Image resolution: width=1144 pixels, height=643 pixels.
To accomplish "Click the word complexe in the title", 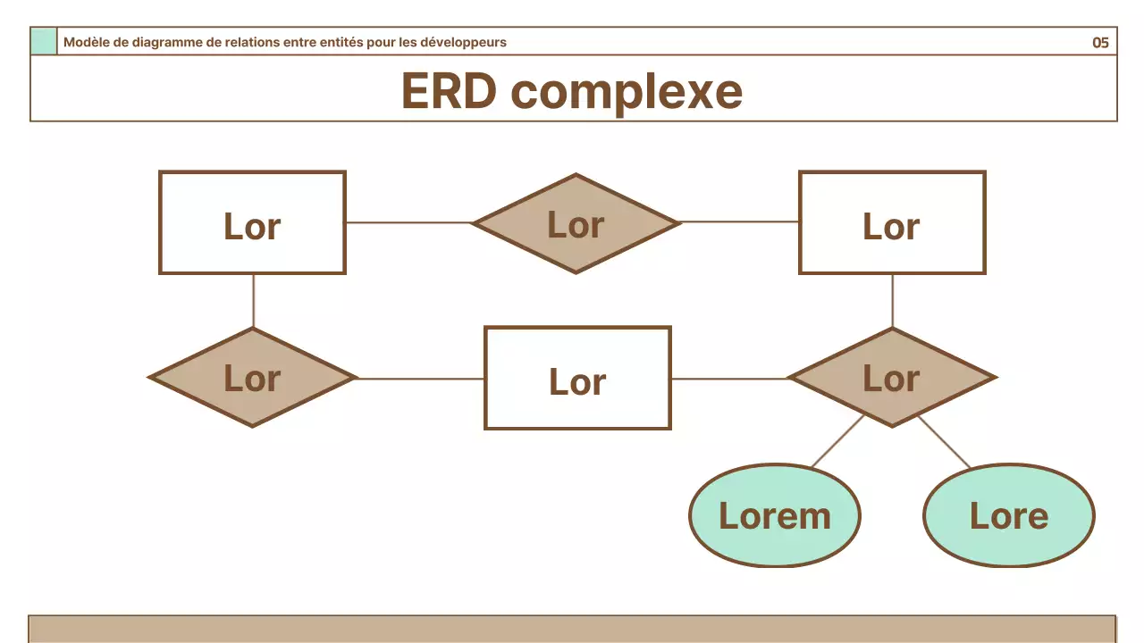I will [627, 92].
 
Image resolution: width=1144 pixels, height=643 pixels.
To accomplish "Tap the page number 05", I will [1100, 42].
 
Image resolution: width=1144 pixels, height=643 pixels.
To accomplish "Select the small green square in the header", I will [44, 42].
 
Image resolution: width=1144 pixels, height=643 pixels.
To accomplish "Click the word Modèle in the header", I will [86, 42].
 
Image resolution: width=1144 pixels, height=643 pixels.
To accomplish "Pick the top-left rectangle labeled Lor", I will [252, 222].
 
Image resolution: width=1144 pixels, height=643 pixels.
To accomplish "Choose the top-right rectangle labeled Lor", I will [892, 222].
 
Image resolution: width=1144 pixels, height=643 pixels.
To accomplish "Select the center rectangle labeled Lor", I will [577, 378].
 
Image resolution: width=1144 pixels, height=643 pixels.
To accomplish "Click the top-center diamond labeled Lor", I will [576, 223].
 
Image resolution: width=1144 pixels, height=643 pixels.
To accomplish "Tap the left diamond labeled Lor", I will [253, 378].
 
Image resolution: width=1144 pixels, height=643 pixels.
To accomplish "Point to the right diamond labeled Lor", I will [892, 378].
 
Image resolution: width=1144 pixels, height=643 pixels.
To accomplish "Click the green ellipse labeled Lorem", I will [775, 515].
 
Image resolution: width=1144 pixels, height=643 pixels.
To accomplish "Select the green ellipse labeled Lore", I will [1008, 515].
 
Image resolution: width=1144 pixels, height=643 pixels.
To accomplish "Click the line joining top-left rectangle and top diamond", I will [408, 222].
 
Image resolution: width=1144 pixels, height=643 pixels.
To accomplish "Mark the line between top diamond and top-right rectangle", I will [739, 221].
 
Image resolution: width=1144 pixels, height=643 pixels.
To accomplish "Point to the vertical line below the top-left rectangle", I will [254, 301].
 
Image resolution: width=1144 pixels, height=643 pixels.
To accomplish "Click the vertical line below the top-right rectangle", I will [893, 301].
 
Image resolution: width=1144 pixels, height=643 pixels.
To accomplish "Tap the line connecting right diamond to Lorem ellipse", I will [837, 441].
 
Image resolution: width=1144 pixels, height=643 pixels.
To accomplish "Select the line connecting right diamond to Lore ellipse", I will [944, 442].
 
